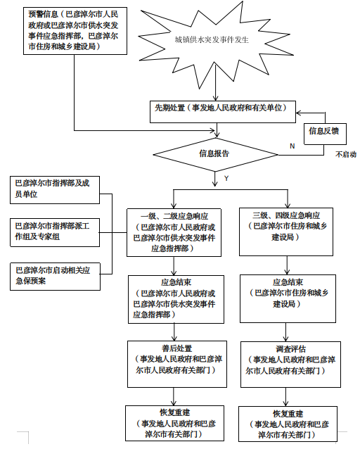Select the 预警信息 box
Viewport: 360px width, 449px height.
(x=75, y=31)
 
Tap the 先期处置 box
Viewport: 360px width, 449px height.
(x=223, y=112)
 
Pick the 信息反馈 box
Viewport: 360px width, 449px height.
(x=325, y=134)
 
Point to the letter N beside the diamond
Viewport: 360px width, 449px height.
(x=292, y=146)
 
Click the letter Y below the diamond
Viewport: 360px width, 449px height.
(x=226, y=178)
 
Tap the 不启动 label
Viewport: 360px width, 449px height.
(x=346, y=155)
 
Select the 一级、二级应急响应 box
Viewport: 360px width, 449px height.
(x=174, y=232)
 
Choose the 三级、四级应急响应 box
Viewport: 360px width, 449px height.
(x=286, y=232)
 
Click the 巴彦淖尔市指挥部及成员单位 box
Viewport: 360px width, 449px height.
(x=55, y=190)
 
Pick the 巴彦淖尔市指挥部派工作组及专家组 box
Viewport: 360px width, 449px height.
(x=55, y=232)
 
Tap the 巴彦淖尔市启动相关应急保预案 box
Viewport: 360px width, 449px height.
(x=55, y=277)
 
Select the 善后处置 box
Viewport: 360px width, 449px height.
(x=177, y=364)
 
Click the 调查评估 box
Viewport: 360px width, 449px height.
(x=291, y=365)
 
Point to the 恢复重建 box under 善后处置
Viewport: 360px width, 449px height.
(x=174, y=423)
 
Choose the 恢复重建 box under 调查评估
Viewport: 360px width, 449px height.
(x=288, y=424)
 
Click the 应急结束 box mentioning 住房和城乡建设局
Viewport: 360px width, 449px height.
(x=288, y=298)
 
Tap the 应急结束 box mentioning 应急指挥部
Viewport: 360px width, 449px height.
(x=176, y=300)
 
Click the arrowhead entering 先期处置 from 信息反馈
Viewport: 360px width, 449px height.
(x=298, y=113)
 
